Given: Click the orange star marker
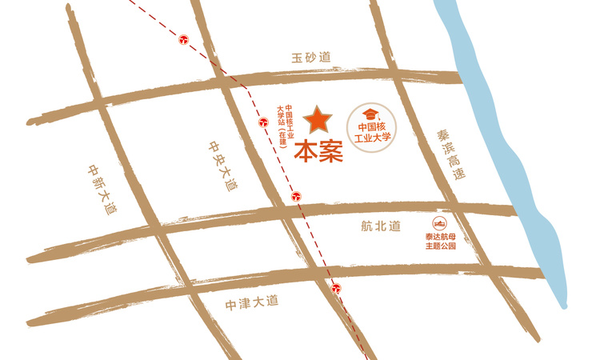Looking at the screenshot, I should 318,120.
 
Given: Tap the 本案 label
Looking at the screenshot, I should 318,150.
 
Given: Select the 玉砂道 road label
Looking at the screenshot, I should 311,58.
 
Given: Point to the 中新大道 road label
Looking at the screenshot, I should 102,188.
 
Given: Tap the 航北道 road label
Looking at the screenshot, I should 380,227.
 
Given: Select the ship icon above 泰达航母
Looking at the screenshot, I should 439,223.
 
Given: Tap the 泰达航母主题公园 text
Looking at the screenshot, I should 440,242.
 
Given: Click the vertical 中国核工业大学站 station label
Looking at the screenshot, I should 286,125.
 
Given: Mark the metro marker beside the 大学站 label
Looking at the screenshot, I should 263,122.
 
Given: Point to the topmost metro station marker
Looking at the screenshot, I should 184,38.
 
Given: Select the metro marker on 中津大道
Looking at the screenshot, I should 338,288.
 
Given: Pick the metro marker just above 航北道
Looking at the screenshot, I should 296,194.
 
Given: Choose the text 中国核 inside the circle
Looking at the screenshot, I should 373,126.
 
